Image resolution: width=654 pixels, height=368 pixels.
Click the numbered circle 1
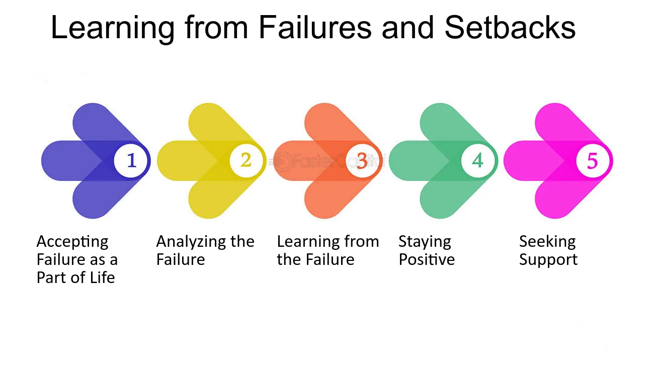tap(130, 161)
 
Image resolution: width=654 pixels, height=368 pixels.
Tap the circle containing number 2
tap(246, 160)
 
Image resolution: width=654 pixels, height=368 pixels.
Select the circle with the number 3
tap(362, 161)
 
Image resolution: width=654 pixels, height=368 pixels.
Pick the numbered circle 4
tap(477, 161)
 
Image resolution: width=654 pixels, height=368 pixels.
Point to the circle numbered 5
tap(593, 161)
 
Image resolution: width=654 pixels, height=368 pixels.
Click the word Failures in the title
tap(315, 27)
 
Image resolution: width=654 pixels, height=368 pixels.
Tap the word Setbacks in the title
tap(510, 27)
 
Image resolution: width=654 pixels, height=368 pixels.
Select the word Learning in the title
tap(113, 28)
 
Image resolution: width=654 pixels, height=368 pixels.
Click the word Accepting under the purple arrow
tap(72, 242)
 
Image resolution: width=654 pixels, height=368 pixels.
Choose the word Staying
tap(425, 242)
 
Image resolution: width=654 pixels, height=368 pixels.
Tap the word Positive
tap(427, 259)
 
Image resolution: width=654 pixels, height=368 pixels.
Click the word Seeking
tap(547, 242)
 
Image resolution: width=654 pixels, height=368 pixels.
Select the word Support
tap(548, 260)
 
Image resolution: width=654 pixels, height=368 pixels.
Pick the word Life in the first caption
tap(103, 277)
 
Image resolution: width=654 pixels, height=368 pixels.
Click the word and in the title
tap(408, 27)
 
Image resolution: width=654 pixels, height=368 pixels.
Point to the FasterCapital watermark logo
tap(327, 161)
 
